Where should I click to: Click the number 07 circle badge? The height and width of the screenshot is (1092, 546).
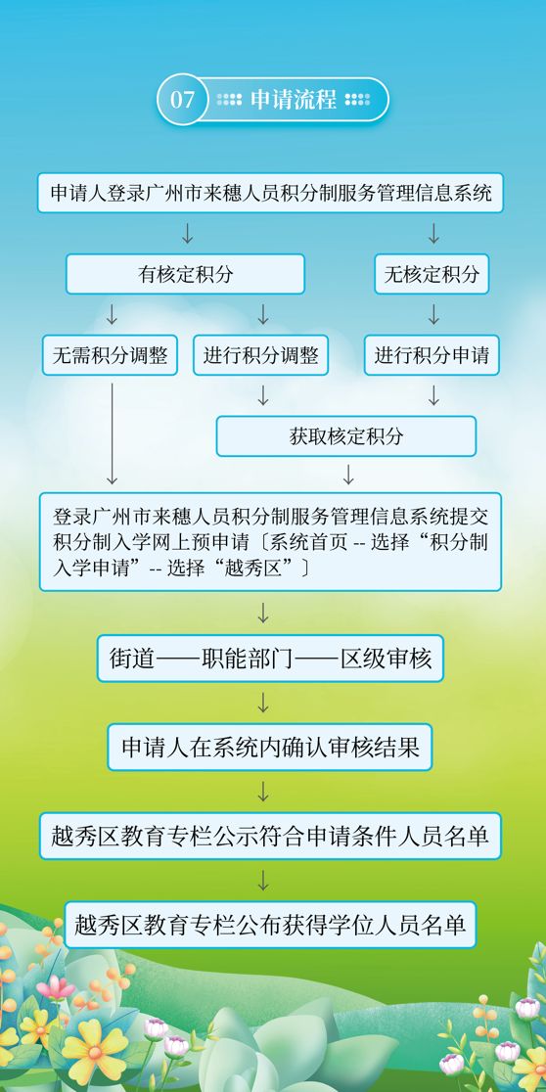pyautogui.click(x=182, y=100)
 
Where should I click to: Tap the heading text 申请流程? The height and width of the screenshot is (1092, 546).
pyautogui.click(x=294, y=100)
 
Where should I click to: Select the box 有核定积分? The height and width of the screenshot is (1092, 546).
pyautogui.click(x=185, y=274)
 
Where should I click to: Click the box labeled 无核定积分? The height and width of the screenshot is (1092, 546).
pyautogui.click(x=432, y=274)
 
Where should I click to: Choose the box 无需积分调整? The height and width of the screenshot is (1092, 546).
pyautogui.click(x=110, y=355)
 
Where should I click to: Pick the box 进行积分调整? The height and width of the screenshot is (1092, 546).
pyautogui.click(x=261, y=355)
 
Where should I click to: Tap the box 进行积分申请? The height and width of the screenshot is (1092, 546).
pyautogui.click(x=432, y=355)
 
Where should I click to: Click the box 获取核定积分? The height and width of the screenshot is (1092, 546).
pyautogui.click(x=346, y=436)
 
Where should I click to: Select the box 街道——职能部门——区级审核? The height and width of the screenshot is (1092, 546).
pyautogui.click(x=270, y=659)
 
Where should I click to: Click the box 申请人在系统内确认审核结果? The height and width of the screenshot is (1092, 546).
pyautogui.click(x=270, y=748)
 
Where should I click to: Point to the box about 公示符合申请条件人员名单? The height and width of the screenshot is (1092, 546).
pyautogui.click(x=270, y=836)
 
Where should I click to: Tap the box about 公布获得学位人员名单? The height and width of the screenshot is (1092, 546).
pyautogui.click(x=270, y=925)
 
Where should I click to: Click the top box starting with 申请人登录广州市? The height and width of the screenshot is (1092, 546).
pyautogui.click(x=270, y=193)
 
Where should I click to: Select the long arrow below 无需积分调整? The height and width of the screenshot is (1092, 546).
pyautogui.click(x=112, y=433)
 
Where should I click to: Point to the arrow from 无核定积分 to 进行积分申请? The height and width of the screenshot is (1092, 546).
pyautogui.click(x=433, y=314)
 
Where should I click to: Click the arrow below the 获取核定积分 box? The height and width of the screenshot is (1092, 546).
pyautogui.click(x=348, y=475)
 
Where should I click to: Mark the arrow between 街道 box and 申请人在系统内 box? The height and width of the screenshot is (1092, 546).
pyautogui.click(x=263, y=703)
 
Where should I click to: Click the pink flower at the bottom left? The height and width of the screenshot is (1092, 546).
pyautogui.click(x=56, y=987)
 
